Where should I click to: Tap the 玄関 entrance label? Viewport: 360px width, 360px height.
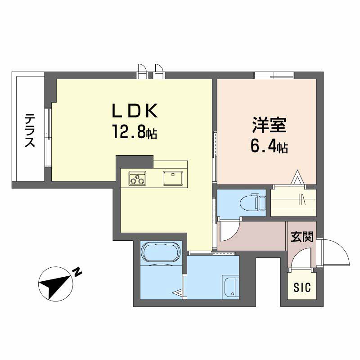pos(301,237)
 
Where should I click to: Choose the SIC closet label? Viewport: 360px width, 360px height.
pos(302,288)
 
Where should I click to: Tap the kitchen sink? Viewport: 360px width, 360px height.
pos(173,178)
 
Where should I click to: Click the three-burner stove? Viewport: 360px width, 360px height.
pos(137,178)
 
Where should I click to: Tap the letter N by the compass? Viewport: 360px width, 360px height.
pos(77,271)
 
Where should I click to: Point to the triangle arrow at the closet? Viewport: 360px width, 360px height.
pos(297,177)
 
